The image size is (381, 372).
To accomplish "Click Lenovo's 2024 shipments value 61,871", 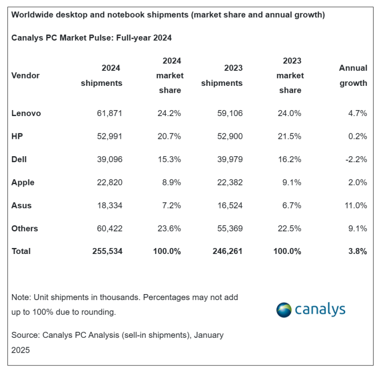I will [x=109, y=113].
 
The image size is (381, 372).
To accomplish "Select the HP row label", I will [x=17, y=136].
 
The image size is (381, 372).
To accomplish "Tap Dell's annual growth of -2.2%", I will [x=356, y=159].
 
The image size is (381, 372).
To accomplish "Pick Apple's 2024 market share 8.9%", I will [x=171, y=182].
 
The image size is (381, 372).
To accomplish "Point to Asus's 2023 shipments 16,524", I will [x=230, y=205].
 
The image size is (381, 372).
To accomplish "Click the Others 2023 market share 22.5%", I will [x=290, y=228].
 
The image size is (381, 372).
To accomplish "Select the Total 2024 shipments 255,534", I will [x=107, y=251].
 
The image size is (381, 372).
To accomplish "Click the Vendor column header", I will [x=25, y=75].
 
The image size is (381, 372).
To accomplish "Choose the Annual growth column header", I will [x=353, y=75].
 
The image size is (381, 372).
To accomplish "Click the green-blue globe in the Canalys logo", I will [x=284, y=310].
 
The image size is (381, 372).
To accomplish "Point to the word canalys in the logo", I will [x=320, y=310].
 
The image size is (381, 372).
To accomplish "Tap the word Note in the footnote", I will [x=20, y=297].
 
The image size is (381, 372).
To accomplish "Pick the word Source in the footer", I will [x=25, y=335].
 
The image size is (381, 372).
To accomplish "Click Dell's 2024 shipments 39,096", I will [x=109, y=159].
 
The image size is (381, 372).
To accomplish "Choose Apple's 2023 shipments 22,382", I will [x=230, y=182].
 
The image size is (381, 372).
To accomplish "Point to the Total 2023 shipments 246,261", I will [x=228, y=251].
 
